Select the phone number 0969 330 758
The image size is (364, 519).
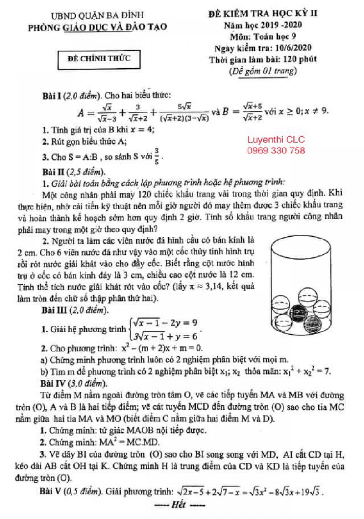[x=276, y=151]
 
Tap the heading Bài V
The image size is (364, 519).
[x=53, y=492]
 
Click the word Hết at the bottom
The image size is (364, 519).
[x=179, y=505]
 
